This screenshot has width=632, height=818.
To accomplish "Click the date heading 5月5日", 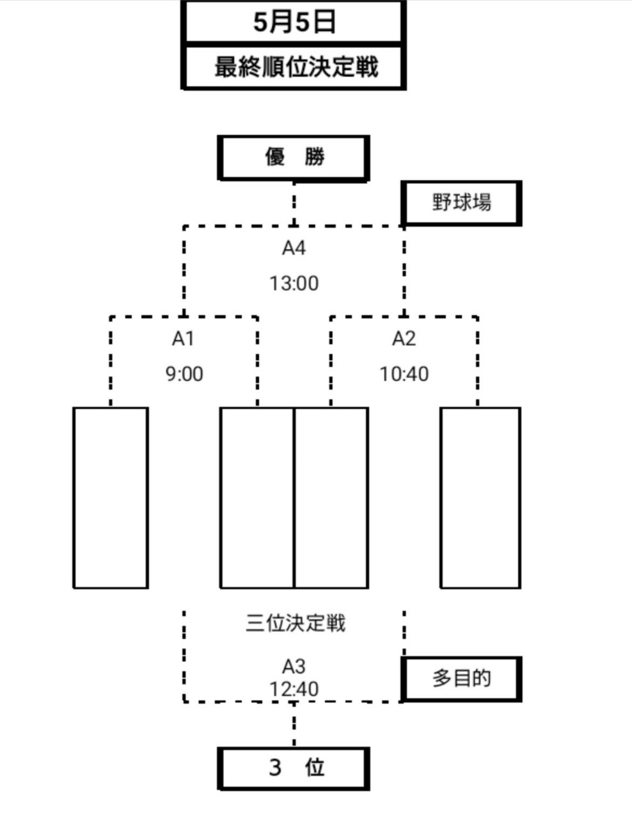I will [294, 23].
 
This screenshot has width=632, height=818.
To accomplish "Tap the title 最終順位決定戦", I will [294, 66].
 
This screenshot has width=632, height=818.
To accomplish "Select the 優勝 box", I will [294, 157].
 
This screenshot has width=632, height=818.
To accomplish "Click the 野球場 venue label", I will [461, 203].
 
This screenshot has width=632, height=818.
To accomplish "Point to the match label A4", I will [294, 248].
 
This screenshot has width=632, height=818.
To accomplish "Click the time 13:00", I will [294, 283].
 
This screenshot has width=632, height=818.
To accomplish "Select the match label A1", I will [183, 339].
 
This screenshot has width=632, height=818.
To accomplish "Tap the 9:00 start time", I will [184, 374].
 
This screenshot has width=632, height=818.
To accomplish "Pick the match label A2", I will [404, 339].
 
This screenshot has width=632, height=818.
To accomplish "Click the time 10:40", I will [404, 374].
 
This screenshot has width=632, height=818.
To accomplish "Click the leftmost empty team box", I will [111, 497].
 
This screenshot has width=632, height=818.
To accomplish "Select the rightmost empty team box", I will [480, 497].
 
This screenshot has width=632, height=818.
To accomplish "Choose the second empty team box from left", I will [257, 497].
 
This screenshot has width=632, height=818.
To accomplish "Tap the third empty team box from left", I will [331, 497].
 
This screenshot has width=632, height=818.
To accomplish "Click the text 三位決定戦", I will [295, 623].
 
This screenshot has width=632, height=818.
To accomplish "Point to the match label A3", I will [294, 667].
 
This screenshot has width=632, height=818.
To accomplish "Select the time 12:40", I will [294, 690].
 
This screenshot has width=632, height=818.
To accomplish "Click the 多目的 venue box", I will [461, 679].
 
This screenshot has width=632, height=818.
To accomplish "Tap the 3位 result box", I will [294, 767].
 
